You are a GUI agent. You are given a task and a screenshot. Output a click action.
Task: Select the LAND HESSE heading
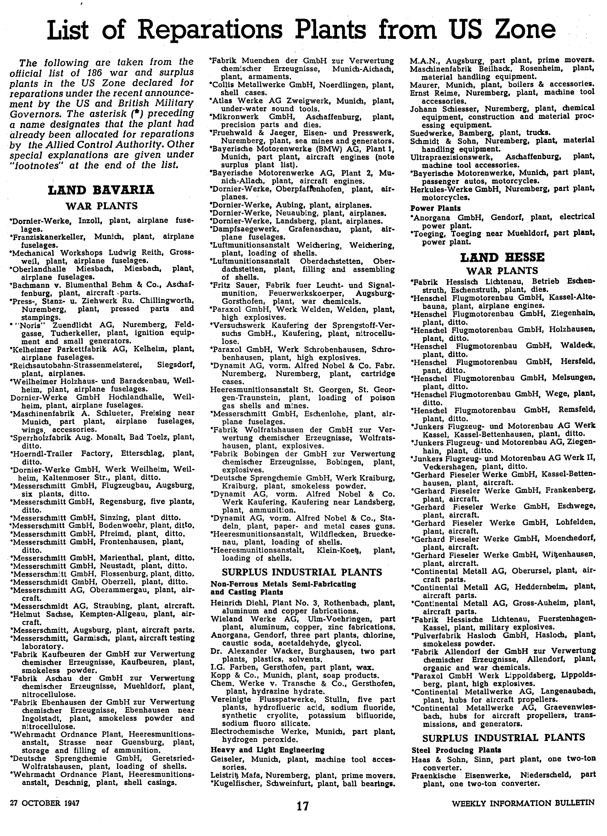pos(502,257)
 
